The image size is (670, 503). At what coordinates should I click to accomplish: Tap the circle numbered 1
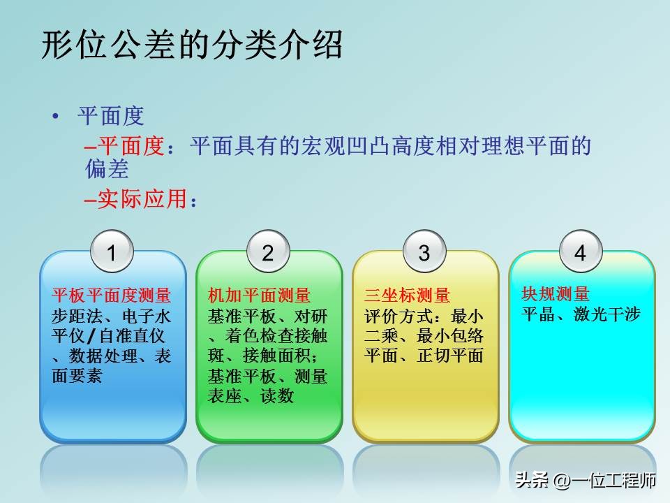pyautogui.click(x=112, y=252)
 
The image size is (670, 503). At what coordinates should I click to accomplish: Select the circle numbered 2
pyautogui.click(x=268, y=252)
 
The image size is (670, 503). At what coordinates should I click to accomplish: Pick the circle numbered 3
pyautogui.click(x=424, y=252)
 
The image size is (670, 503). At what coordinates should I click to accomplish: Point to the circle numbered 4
pyautogui.click(x=580, y=252)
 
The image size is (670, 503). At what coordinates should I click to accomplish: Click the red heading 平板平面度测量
pyautogui.click(x=112, y=296)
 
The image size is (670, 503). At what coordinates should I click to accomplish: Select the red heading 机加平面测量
pyautogui.click(x=259, y=296)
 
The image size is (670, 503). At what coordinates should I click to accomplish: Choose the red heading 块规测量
pyautogui.click(x=556, y=294)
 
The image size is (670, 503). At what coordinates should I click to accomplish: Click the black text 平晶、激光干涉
pyautogui.click(x=581, y=314)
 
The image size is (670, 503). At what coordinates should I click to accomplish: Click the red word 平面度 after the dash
pyautogui.click(x=131, y=146)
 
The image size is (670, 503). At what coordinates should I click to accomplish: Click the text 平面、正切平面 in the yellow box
pyautogui.click(x=424, y=356)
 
